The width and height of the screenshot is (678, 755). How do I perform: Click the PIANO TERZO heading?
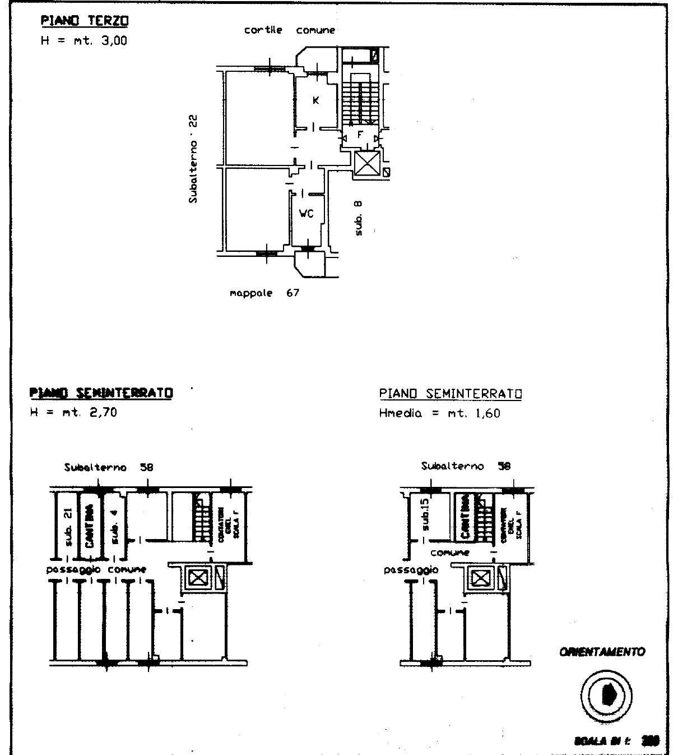(85, 21)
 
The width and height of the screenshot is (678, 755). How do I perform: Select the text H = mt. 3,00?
(84, 40)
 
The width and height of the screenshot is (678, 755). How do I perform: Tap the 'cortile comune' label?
(289, 30)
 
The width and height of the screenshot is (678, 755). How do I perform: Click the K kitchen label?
(316, 100)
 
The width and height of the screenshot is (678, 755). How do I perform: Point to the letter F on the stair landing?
(360, 135)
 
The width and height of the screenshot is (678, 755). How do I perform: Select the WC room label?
(306, 213)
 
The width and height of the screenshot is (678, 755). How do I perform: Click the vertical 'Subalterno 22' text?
(193, 159)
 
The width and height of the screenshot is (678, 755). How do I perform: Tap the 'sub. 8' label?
(359, 218)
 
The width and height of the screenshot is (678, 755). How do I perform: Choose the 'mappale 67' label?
(264, 293)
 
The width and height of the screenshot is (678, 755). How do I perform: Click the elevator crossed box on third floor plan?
(368, 164)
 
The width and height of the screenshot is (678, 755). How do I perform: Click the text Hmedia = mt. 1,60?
(439, 413)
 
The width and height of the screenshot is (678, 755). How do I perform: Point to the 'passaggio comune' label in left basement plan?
(96, 569)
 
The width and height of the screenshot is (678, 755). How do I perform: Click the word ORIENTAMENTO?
(602, 652)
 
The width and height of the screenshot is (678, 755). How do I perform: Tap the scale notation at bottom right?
(616, 741)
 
